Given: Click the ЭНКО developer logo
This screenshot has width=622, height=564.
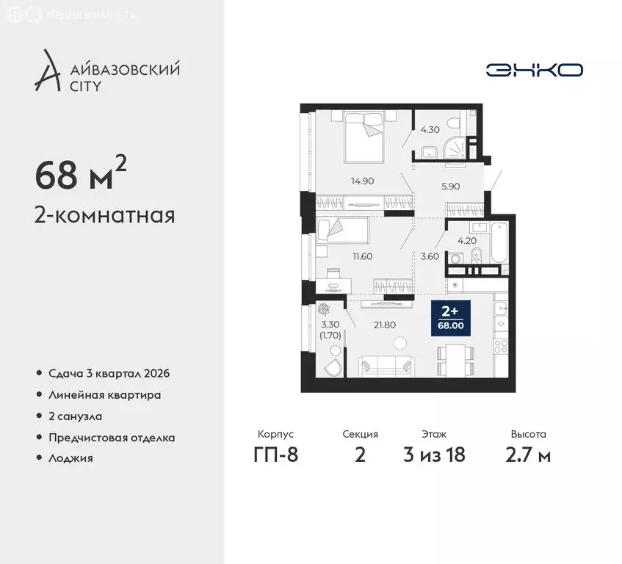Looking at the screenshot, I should (534, 70).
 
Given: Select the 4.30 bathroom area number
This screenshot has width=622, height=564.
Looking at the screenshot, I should (430, 130).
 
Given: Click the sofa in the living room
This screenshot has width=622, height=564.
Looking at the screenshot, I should (388, 365).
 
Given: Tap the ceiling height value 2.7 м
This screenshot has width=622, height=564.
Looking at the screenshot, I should (528, 455).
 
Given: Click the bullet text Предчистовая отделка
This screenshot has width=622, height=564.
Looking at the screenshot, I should (112, 438).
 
